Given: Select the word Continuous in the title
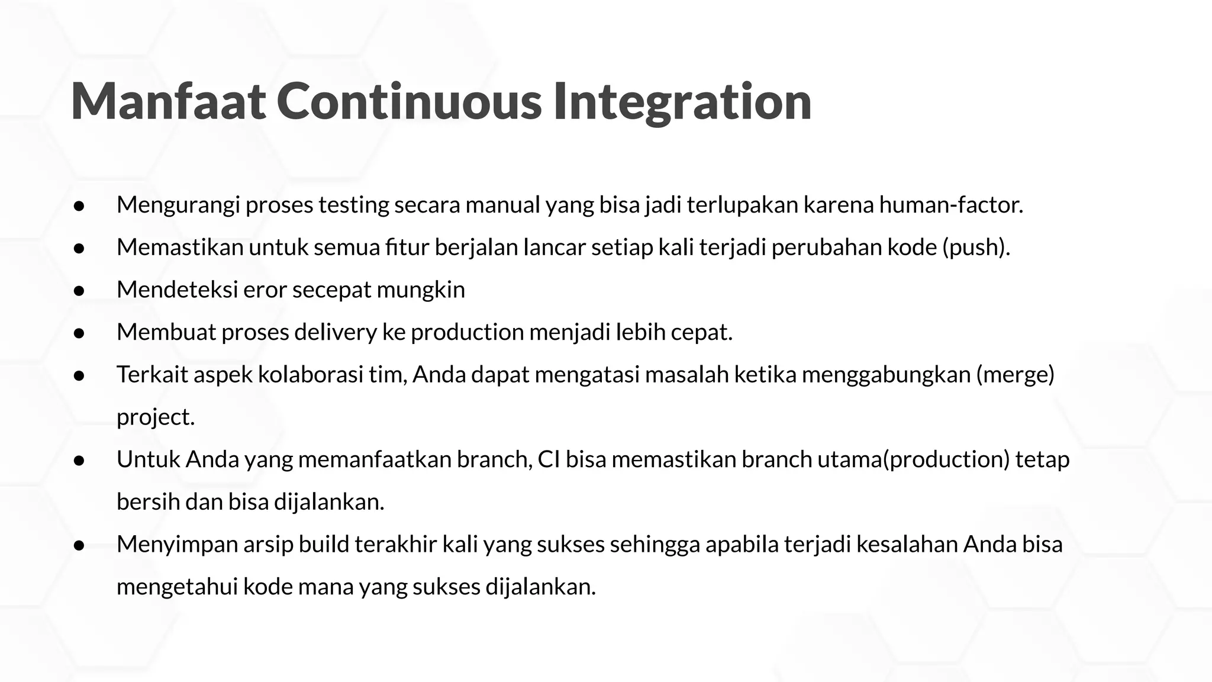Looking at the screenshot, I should [x=409, y=102].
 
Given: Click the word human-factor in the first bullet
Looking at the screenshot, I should [x=950, y=205].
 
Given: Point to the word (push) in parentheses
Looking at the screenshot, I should [x=976, y=247].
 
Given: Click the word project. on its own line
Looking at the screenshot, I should [x=156, y=417].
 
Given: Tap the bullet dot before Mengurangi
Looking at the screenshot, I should [x=79, y=206].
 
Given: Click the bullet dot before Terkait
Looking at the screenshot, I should [x=79, y=376].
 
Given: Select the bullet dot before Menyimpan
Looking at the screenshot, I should [x=79, y=545].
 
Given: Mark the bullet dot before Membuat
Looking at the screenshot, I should [x=79, y=333].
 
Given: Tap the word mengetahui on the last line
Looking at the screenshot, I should [x=177, y=587].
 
